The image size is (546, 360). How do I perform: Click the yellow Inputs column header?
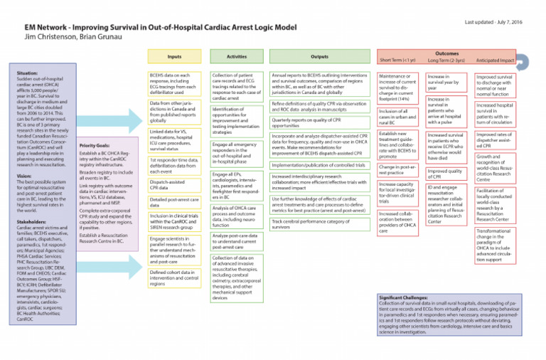tap(174, 56)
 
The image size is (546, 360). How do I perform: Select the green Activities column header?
tap(237, 56)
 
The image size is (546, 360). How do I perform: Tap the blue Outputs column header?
tap(319, 56)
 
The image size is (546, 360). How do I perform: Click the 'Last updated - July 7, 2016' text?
tap(503, 23)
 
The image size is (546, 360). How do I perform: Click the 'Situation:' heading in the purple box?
tap(28, 73)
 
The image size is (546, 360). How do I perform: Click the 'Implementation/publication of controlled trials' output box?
tap(319, 164)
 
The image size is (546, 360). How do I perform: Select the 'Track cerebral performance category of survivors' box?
tap(319, 224)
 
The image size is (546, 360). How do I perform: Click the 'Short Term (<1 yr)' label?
tap(399, 60)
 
